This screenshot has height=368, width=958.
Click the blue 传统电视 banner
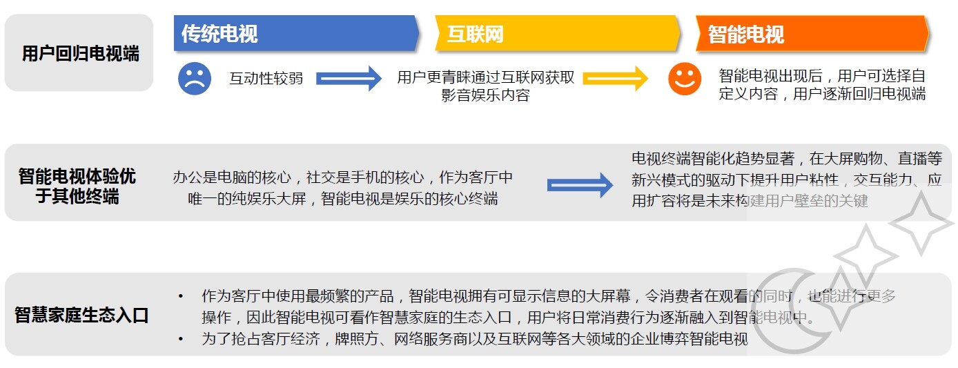coord(295,33)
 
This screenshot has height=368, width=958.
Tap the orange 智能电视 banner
coord(811,34)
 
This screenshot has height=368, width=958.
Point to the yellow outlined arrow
coord(616,78)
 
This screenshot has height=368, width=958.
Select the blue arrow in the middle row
coord(580,185)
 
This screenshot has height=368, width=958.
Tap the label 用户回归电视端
coord(80,54)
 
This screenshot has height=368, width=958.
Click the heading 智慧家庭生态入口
coord(81,316)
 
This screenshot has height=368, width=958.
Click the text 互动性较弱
coord(266,78)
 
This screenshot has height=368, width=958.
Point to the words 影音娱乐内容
coord(485,95)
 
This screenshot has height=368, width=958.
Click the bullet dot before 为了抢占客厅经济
coord(181,339)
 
